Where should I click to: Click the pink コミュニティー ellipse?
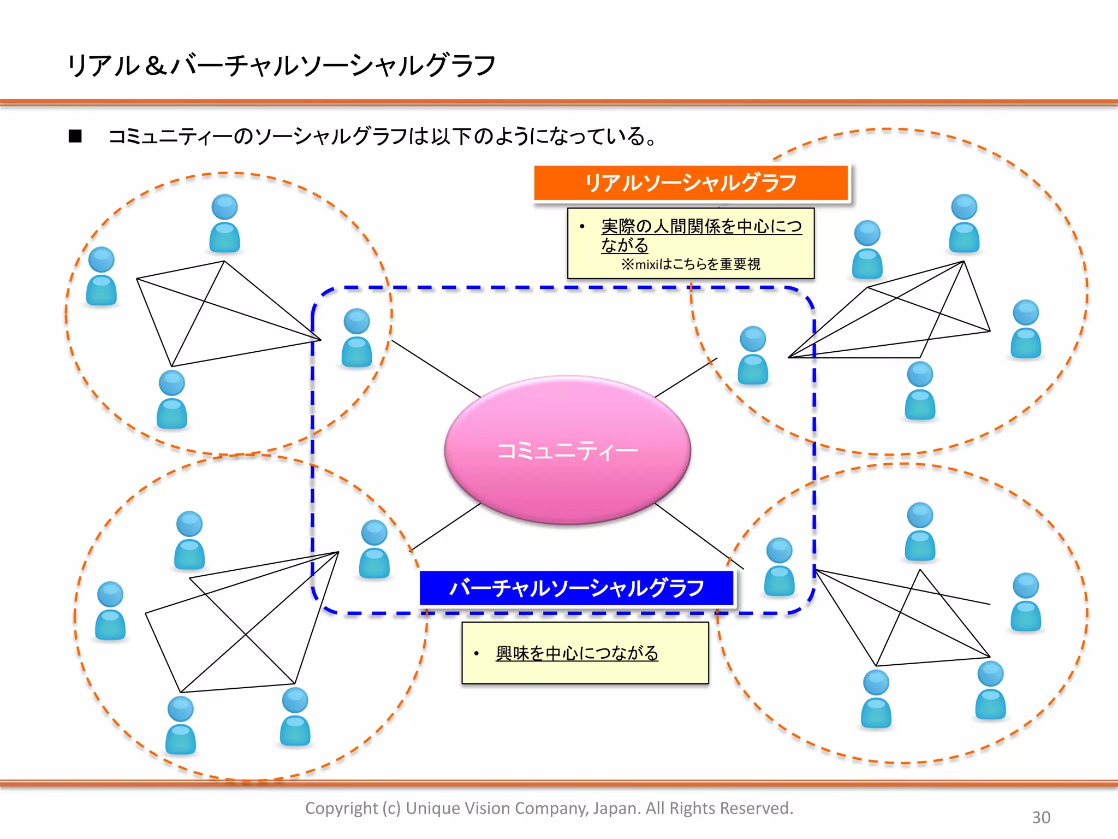click(568, 450)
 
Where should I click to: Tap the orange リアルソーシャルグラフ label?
click(691, 183)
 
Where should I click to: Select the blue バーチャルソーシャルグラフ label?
click(576, 588)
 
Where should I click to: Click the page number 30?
click(1040, 817)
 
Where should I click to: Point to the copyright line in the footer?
click(549, 808)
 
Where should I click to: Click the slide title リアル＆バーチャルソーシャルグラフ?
click(281, 66)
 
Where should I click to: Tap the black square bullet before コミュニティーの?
click(75, 136)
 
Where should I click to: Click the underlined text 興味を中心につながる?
click(576, 653)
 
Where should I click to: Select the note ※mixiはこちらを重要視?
click(691, 264)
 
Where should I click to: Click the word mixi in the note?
click(647, 265)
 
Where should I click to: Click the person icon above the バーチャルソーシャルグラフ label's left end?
click(374, 549)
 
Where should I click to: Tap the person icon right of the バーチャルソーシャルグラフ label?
click(779, 566)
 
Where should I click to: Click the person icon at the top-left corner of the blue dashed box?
click(356, 338)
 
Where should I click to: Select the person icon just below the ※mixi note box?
click(753, 355)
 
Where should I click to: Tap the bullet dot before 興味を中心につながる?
click(477, 653)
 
